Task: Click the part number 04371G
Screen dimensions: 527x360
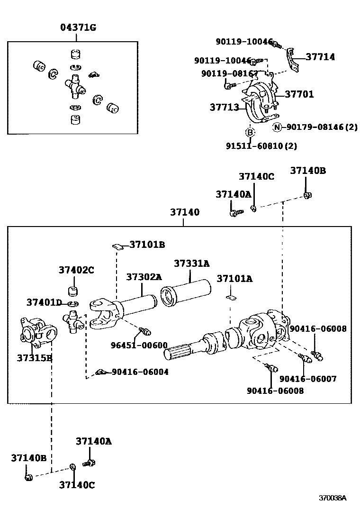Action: pyautogui.click(x=78, y=27)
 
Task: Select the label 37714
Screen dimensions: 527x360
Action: pyautogui.click(x=320, y=57)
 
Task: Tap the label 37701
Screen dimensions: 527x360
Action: pyautogui.click(x=299, y=94)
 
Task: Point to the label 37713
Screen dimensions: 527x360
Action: pyautogui.click(x=224, y=108)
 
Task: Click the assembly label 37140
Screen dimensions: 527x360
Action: pyautogui.click(x=185, y=212)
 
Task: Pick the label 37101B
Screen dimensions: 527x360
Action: pyautogui.click(x=147, y=245)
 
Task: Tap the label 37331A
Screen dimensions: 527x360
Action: pyautogui.click(x=191, y=263)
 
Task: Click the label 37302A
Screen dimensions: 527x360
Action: pyautogui.click(x=144, y=277)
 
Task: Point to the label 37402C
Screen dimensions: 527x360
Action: pyautogui.click(x=76, y=270)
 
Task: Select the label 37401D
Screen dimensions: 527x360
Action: pyautogui.click(x=44, y=302)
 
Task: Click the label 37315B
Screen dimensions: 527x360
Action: pyautogui.click(x=35, y=358)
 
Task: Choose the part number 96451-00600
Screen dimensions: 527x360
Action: pyautogui.click(x=139, y=345)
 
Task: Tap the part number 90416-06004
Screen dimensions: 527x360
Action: pyautogui.click(x=140, y=372)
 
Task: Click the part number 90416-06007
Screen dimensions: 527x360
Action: pyautogui.click(x=308, y=379)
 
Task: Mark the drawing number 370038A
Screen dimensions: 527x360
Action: pyautogui.click(x=332, y=498)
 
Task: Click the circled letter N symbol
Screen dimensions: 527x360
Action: pyautogui.click(x=277, y=127)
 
